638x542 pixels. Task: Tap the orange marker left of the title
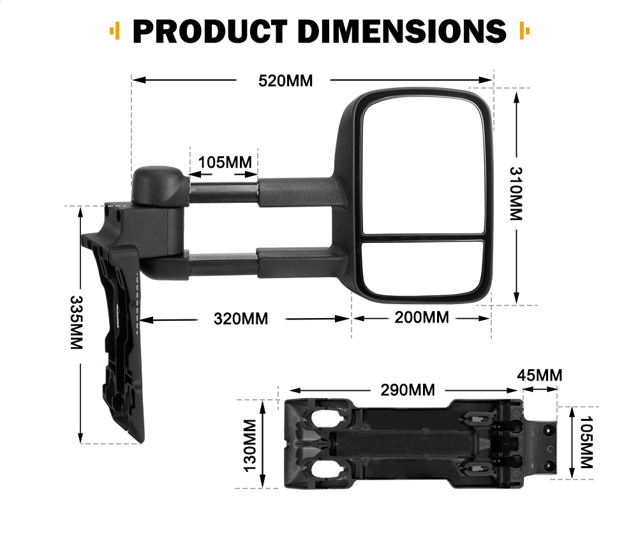(115, 30)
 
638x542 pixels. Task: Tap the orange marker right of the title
(525, 30)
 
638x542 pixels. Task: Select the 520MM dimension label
(285, 80)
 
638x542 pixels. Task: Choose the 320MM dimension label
(241, 318)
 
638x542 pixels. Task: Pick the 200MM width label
(421, 317)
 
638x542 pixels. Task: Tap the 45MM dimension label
(540, 375)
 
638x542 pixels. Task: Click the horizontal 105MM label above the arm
(225, 161)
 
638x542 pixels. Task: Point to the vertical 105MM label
(584, 442)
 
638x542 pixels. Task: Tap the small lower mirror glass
(423, 267)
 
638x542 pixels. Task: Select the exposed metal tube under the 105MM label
(223, 192)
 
